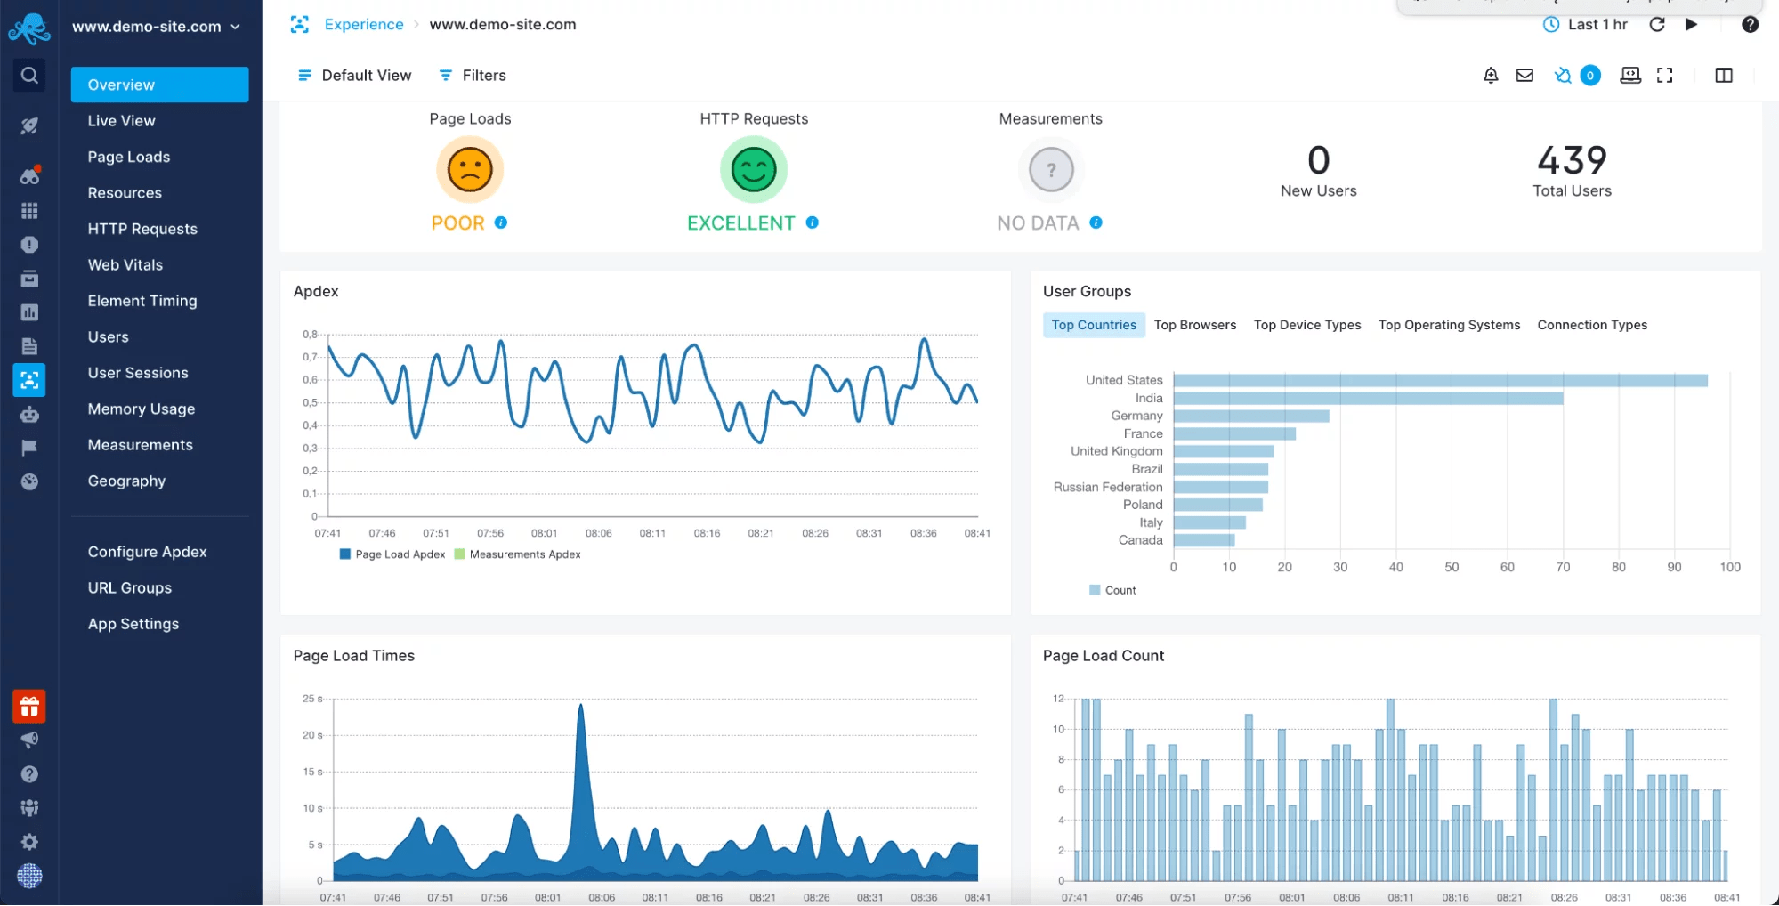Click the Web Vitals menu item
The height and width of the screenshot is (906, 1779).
[125, 264]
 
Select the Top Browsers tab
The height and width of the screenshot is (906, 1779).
[1194, 325]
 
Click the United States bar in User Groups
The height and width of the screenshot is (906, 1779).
[1440, 381]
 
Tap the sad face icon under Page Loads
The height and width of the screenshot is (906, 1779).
[470, 169]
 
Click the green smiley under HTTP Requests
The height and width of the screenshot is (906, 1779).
[754, 169]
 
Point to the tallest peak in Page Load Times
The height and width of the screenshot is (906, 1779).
[581, 708]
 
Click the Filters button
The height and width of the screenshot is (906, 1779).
[473, 76]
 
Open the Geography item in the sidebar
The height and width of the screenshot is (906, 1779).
[126, 481]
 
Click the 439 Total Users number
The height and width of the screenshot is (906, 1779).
[1572, 161]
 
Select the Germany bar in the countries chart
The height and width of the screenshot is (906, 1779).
[1250, 416]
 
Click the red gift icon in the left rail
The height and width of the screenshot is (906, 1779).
[29, 707]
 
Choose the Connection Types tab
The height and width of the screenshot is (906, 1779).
[1591, 325]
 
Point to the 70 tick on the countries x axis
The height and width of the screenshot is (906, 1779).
[1563, 567]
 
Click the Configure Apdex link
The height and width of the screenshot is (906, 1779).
[147, 552]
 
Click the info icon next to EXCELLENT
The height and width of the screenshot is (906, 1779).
[813, 222]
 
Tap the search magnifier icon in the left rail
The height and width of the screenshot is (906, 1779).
[29, 76]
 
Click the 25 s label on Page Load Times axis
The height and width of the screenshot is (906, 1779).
[312, 699]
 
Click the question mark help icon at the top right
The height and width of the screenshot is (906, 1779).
[1750, 25]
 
